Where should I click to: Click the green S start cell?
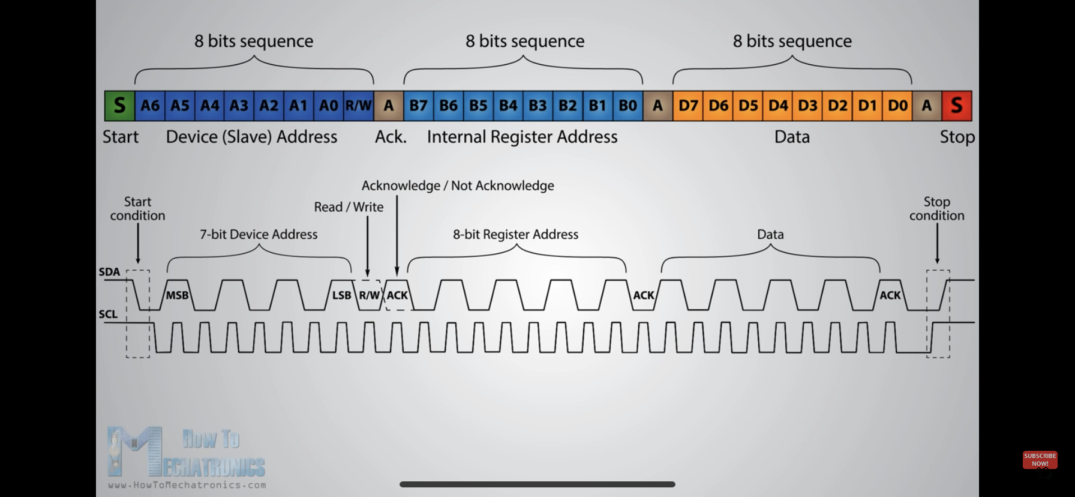tap(120, 106)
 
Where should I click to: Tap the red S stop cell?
tap(957, 106)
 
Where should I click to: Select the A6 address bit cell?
tap(150, 106)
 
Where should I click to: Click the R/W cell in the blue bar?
tap(359, 106)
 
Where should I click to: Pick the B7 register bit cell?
tap(419, 106)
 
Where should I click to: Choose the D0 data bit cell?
tap(897, 106)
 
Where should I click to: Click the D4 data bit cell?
tap(778, 106)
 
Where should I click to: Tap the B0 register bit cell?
tap(628, 106)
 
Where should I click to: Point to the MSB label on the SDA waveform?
tap(178, 295)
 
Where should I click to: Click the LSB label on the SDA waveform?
tap(342, 295)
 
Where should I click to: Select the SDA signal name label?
tap(110, 272)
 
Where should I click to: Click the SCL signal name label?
tap(109, 314)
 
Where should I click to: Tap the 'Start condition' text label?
tap(137, 208)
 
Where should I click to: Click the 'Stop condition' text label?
tap(937, 208)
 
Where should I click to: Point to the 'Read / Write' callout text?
tap(349, 207)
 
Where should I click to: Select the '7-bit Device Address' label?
tap(259, 234)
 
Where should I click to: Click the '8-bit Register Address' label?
tap(516, 234)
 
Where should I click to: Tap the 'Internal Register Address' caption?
tap(523, 137)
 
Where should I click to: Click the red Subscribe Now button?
tap(1040, 460)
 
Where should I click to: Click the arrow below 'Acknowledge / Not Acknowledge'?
tap(397, 236)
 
